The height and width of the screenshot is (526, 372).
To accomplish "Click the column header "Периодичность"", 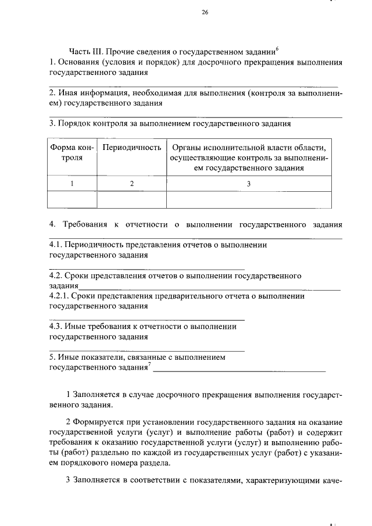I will click(131, 148).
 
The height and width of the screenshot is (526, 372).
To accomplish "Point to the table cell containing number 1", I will click(72, 184).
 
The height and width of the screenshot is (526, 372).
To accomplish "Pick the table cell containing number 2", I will click(131, 184).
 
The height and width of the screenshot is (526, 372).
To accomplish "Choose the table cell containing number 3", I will click(248, 184).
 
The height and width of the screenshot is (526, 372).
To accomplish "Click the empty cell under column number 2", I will click(131, 199).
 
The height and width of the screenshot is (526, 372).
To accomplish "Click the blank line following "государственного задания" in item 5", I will click(239, 370).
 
